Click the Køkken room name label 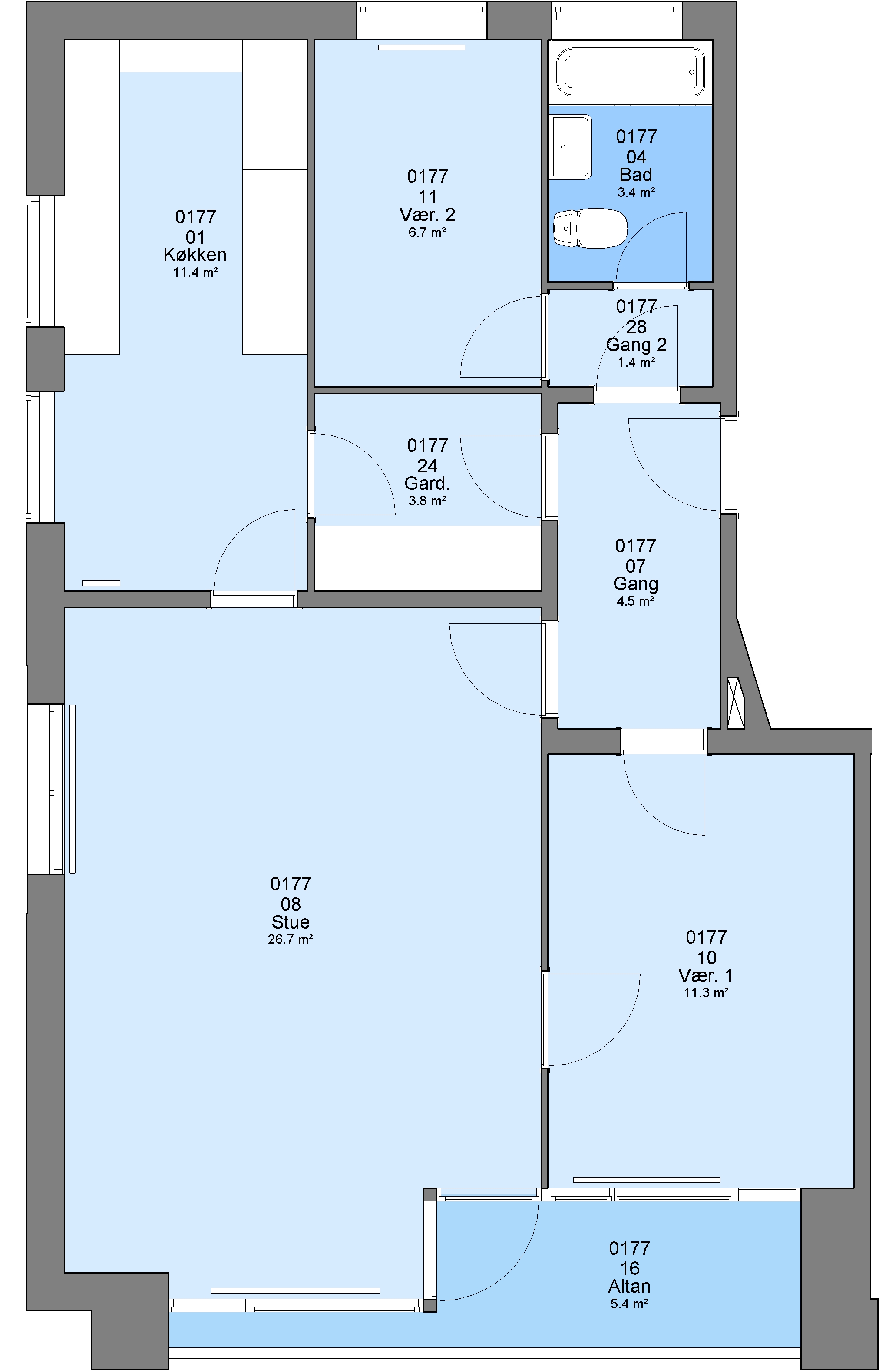(x=195, y=255)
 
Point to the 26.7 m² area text (x=291, y=939)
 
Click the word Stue (x=291, y=922)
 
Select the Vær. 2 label (x=427, y=215)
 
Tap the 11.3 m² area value (x=706, y=992)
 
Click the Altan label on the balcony (x=630, y=1286)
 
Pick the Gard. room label (x=427, y=484)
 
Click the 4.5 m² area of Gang (x=635, y=601)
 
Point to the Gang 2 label (x=636, y=345)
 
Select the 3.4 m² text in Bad (x=636, y=192)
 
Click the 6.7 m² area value (x=427, y=232)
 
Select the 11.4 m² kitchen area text (x=195, y=272)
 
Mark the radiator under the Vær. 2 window (x=421, y=47)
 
